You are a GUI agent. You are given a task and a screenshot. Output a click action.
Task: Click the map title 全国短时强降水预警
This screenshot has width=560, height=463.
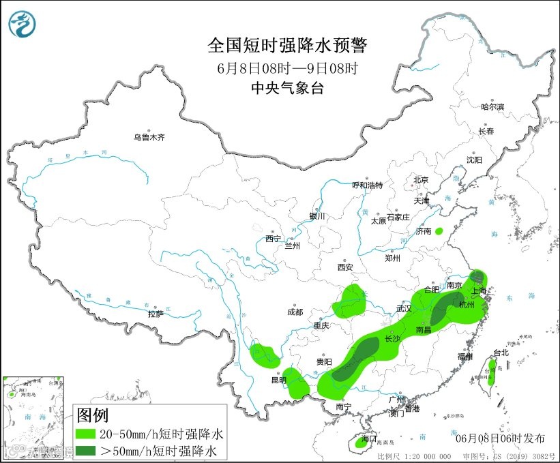(287, 46)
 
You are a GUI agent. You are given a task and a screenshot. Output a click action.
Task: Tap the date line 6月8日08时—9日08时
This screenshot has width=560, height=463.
(287, 68)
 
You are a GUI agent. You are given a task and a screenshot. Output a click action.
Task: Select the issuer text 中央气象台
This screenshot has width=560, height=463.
(287, 87)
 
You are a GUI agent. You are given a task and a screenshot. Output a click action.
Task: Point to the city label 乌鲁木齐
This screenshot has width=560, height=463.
(149, 138)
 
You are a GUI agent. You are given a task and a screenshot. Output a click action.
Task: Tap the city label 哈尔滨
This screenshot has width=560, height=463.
(492, 107)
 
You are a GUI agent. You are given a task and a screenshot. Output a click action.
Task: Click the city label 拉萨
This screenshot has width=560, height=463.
(156, 314)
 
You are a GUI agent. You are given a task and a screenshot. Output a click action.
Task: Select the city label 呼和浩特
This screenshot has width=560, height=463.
(367, 185)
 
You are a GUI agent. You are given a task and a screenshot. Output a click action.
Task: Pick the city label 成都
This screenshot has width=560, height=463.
(295, 312)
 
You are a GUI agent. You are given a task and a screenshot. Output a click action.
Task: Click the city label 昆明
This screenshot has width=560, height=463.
(279, 379)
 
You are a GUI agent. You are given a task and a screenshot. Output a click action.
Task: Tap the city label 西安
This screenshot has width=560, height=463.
(344, 268)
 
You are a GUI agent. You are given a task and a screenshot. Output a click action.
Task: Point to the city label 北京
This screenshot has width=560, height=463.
(420, 180)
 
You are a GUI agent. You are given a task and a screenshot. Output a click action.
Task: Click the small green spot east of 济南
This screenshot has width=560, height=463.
(439, 231)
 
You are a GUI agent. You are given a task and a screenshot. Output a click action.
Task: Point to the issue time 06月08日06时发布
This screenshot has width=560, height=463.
(500, 437)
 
